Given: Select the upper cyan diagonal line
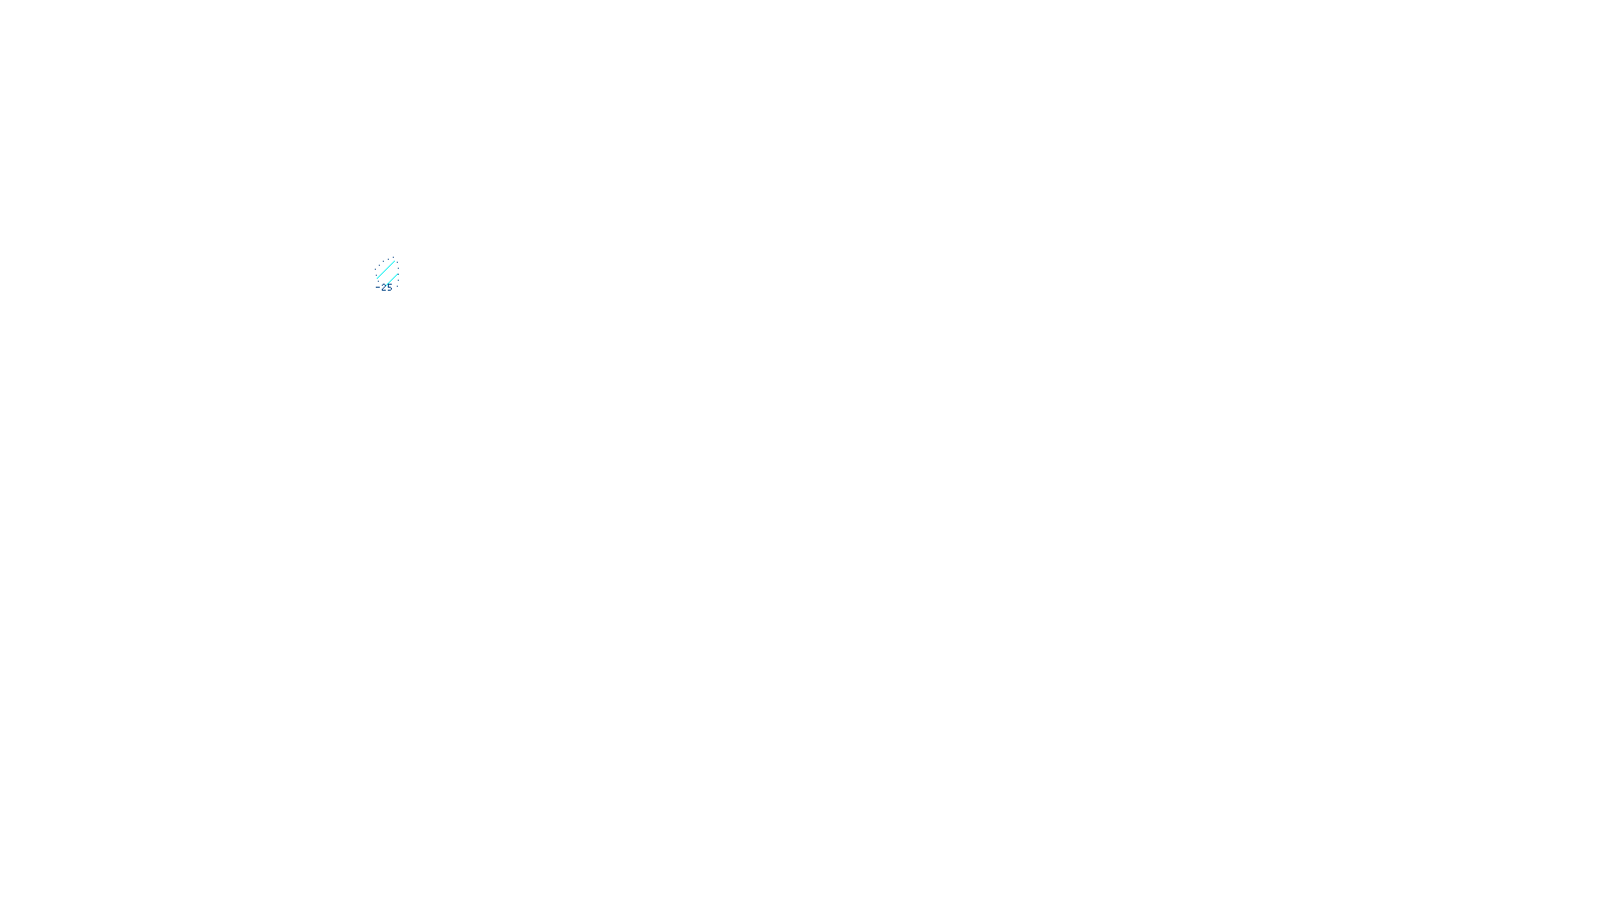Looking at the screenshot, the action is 386,270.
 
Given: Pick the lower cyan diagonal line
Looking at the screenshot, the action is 392,280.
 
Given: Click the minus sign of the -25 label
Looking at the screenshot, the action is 378,287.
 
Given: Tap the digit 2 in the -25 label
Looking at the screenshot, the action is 384,287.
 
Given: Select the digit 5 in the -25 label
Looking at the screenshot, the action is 390,287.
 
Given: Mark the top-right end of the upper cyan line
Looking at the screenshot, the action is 394,262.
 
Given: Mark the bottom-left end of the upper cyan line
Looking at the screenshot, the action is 377,278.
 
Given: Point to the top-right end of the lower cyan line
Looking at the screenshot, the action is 397,274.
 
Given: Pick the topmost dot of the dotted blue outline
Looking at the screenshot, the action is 393,257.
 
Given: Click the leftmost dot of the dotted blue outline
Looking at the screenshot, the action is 375,269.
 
